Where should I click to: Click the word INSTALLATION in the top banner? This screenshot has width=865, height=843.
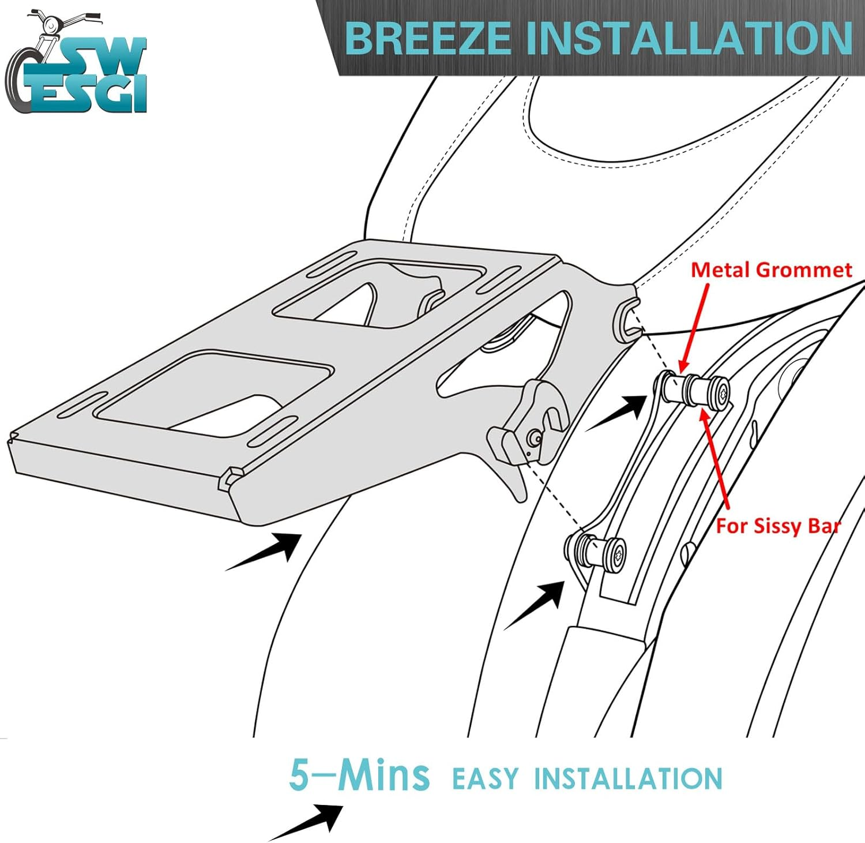(x=690, y=39)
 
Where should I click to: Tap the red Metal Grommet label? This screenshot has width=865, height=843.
(x=772, y=269)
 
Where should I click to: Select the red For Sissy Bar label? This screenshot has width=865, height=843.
(x=778, y=526)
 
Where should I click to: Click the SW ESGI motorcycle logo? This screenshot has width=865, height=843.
(x=76, y=61)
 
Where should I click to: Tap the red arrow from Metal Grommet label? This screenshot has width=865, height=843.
(x=694, y=327)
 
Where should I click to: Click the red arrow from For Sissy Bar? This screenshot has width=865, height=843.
(x=714, y=459)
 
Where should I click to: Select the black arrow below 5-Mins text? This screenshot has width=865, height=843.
(x=306, y=823)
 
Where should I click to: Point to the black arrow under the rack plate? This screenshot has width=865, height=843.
(x=263, y=552)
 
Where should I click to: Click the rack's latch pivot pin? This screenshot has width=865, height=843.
(x=536, y=439)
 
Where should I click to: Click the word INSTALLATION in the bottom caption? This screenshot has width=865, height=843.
(x=628, y=778)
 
